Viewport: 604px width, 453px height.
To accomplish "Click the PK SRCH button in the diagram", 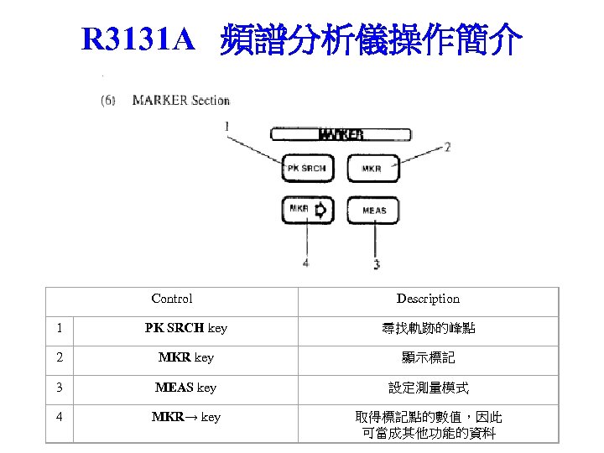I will click(x=305, y=169).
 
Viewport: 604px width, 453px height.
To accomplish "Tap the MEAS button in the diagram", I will click(x=373, y=210).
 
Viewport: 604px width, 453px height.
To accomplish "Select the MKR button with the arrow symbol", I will click(x=305, y=209).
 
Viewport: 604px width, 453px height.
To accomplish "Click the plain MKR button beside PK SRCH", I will click(x=372, y=169).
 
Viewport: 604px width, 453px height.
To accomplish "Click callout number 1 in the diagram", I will click(x=226, y=126).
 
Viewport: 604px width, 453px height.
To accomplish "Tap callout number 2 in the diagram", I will click(x=447, y=147).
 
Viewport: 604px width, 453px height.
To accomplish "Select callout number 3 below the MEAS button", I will click(x=376, y=264).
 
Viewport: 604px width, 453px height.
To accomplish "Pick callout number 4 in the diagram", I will click(x=305, y=263).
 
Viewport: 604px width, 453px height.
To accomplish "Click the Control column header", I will click(x=172, y=299).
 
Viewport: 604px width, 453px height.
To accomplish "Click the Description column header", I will click(x=428, y=299).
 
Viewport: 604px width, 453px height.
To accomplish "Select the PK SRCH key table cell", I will click(x=185, y=328).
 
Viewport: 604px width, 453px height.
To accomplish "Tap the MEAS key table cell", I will click(x=185, y=388).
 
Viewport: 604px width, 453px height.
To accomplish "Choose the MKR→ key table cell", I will click(x=185, y=417).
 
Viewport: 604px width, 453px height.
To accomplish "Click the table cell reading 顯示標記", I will click(x=428, y=358).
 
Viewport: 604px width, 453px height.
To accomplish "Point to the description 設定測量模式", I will click(x=428, y=388).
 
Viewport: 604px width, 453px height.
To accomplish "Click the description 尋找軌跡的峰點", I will click(x=428, y=328).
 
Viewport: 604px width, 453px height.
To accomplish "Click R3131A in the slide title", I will click(x=138, y=39).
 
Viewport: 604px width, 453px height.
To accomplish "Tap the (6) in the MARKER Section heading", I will click(x=108, y=101).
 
